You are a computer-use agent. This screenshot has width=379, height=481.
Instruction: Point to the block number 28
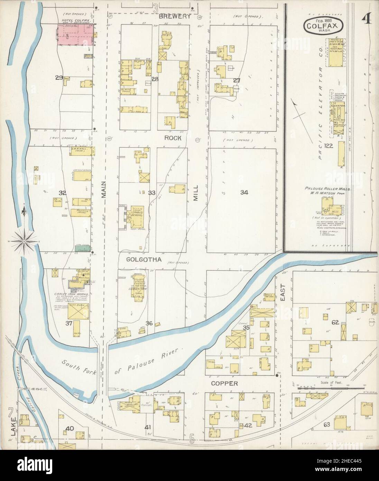coord(155,79)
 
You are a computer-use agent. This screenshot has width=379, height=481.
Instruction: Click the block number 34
coord(244,192)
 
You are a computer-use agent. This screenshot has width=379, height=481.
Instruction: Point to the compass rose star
coord(24,239)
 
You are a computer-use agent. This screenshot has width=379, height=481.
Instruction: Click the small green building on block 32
coord(83,248)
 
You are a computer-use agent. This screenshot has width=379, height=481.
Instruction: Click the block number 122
coord(329,146)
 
